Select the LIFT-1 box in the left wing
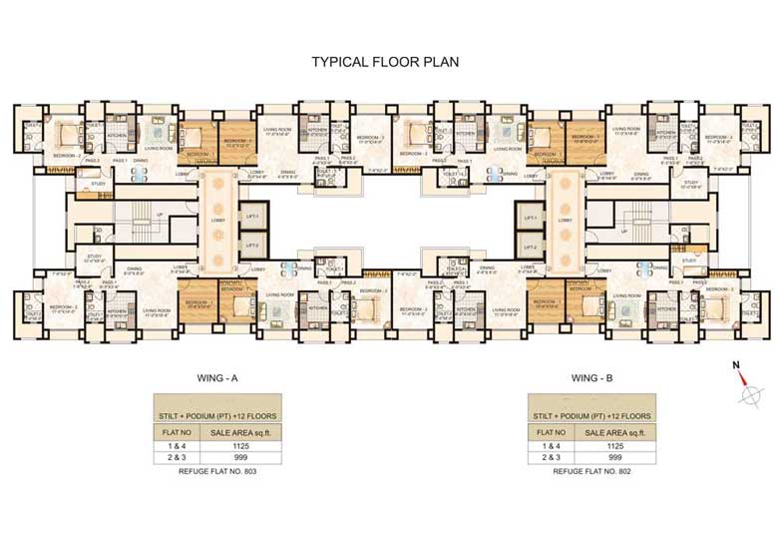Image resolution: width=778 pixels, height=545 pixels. click(x=251, y=217)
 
